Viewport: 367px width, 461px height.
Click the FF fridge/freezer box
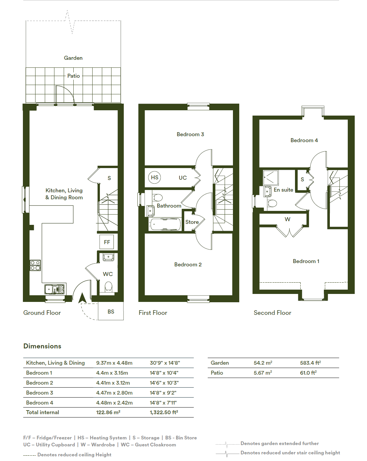tap(107, 242)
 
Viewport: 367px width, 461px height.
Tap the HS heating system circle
tap(155, 177)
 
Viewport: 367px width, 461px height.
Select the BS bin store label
tap(111, 312)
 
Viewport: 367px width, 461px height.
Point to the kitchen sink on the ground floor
tap(54, 289)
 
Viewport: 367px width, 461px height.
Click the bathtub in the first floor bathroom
tap(165, 224)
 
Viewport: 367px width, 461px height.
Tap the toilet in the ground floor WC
tap(109, 287)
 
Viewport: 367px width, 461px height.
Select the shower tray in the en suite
tap(271, 177)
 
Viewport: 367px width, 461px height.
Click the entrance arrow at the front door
tap(82, 298)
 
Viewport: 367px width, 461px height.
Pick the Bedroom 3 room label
tap(190, 134)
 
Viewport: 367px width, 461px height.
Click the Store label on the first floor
tap(192, 222)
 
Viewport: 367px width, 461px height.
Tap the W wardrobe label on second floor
tap(287, 219)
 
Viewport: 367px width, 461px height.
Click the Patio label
tap(73, 76)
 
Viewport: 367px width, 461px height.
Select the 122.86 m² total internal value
tap(108, 413)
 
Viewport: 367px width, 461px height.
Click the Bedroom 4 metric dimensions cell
tap(114, 403)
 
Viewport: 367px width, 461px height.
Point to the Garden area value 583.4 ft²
tap(310, 363)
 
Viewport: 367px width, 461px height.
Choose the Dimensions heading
tap(42, 346)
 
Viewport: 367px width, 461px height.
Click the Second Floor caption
tap(272, 313)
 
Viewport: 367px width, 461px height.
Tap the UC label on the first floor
tap(183, 178)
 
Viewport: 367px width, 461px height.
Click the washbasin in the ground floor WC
tap(108, 257)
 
